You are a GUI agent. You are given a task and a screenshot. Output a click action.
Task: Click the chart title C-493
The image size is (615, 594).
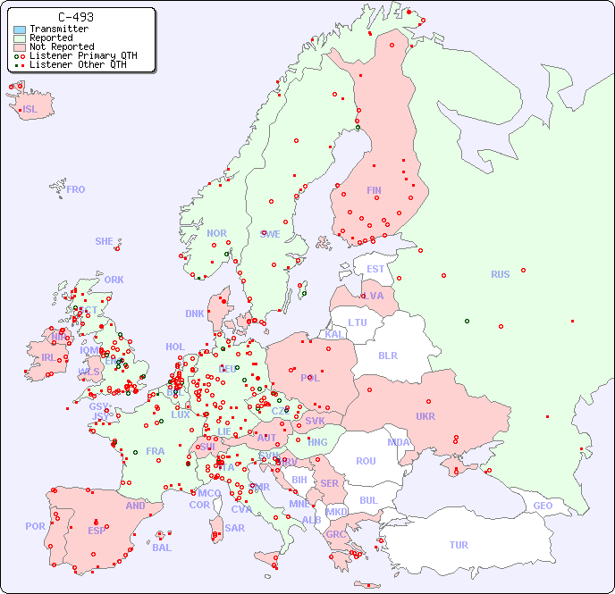tap(75, 17)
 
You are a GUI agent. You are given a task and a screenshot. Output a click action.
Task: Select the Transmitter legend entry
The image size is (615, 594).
tap(58, 29)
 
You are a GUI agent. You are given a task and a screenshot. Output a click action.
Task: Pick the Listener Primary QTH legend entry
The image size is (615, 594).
tap(83, 55)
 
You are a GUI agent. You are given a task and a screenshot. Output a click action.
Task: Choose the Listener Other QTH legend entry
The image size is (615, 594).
tap(80, 64)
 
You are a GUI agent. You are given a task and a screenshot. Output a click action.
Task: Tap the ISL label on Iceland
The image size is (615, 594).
tap(30, 110)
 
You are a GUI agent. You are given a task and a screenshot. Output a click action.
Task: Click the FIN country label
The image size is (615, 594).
tap(374, 190)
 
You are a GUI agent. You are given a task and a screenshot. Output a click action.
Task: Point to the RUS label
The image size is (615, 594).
tap(500, 274)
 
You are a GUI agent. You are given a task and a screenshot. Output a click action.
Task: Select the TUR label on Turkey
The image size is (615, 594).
tap(459, 545)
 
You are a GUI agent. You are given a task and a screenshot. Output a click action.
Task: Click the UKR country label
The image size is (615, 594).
tap(425, 416)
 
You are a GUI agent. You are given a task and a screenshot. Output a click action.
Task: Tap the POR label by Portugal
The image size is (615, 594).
tap(35, 526)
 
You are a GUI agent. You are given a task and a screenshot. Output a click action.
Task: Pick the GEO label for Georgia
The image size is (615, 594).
tap(543, 506)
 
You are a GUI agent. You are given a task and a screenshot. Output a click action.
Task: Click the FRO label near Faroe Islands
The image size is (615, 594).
tap(76, 189)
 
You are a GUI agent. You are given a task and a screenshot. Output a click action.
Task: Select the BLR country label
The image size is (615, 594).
tap(388, 355)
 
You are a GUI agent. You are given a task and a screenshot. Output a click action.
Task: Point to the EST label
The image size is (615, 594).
tap(375, 269)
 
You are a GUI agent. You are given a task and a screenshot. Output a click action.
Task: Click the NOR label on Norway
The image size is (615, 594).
tap(216, 233)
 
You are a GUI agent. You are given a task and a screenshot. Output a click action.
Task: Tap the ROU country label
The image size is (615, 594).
tap(366, 461)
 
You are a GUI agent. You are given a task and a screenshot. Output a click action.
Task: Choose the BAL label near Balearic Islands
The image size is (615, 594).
tap(161, 548)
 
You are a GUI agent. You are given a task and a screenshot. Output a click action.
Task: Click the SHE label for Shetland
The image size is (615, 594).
tap(105, 241)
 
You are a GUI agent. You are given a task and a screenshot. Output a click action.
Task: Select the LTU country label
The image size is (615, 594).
tap(358, 322)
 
